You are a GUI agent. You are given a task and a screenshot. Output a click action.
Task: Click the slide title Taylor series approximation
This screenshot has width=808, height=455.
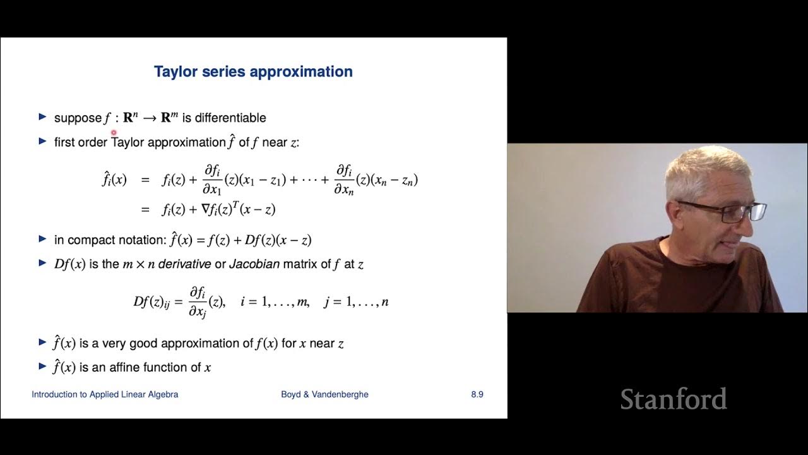(x=253, y=71)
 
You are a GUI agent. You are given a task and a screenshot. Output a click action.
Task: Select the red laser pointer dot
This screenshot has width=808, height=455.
(x=114, y=133)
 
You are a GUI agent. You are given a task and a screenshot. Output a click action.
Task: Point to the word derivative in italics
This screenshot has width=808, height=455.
(x=184, y=264)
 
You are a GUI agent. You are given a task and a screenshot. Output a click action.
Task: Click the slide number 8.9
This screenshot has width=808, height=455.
(x=477, y=394)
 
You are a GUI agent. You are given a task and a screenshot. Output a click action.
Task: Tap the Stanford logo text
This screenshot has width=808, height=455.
(x=673, y=399)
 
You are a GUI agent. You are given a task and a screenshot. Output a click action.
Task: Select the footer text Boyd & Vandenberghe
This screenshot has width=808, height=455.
(x=324, y=394)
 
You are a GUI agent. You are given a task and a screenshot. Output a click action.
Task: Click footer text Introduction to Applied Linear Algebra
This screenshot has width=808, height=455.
(x=105, y=394)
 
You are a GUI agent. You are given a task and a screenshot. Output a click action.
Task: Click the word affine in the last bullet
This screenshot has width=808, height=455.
(x=125, y=367)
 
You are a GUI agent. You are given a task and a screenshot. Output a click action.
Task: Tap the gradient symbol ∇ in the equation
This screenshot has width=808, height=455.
(x=205, y=209)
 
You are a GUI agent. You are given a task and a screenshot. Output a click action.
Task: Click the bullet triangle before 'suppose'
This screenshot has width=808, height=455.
(x=42, y=117)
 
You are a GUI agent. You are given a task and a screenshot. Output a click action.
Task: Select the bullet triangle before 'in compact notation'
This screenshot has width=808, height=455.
(x=42, y=239)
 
